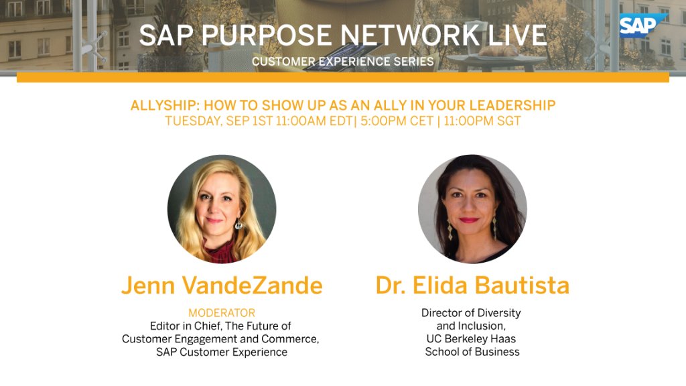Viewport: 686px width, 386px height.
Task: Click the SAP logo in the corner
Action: coord(642,25)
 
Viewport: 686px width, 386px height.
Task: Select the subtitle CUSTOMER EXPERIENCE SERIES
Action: coord(342,62)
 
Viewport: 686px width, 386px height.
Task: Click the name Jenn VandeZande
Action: coord(222,285)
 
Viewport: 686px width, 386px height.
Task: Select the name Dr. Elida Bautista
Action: coord(472,285)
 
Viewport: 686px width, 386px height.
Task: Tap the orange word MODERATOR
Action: coord(222,313)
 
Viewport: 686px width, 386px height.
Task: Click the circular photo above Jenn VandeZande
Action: coord(222,209)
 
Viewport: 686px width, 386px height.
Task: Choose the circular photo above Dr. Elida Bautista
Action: coord(472,209)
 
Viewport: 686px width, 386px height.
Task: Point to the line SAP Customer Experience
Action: coord(222,352)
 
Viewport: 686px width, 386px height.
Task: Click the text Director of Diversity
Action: coord(471,313)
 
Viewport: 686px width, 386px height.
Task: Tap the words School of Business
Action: coord(472,352)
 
